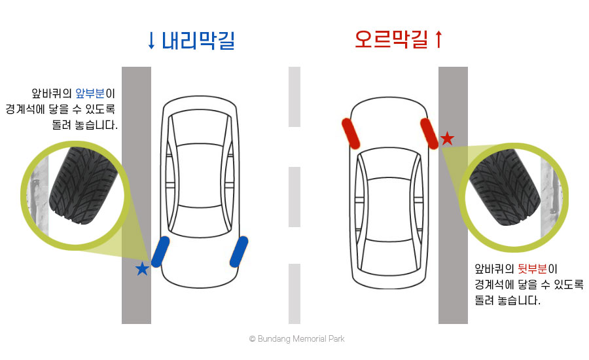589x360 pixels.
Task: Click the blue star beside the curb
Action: [142, 269]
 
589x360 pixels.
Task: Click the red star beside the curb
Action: [447, 138]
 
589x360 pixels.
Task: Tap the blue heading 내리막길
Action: [198, 41]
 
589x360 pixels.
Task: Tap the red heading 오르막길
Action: [391, 39]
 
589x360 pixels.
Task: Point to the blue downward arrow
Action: [151, 41]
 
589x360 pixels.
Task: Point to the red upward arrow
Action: [438, 39]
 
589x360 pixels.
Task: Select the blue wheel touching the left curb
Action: [160, 252]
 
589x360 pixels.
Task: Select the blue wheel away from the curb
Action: [239, 252]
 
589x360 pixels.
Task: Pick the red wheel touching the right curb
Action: [429, 134]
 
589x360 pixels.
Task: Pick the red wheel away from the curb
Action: [351, 134]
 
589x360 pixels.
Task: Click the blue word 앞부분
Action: [90, 93]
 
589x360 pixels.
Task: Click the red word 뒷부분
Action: [532, 268]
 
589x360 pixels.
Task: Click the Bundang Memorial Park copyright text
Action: [296, 338]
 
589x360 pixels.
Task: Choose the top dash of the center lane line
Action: [294, 97]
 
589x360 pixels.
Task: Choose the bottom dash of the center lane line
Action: [294, 294]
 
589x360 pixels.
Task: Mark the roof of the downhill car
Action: [200, 175]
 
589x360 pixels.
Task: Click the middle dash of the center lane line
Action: [294, 197]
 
